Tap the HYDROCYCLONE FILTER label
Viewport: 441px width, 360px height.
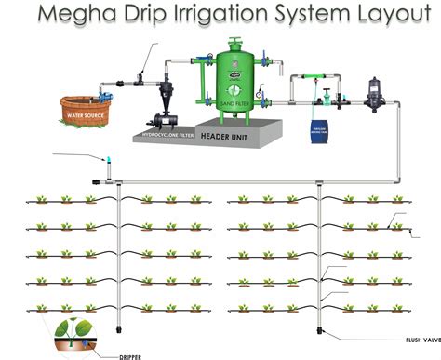[x=167, y=136]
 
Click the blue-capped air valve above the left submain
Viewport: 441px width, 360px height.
[x=107, y=163]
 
